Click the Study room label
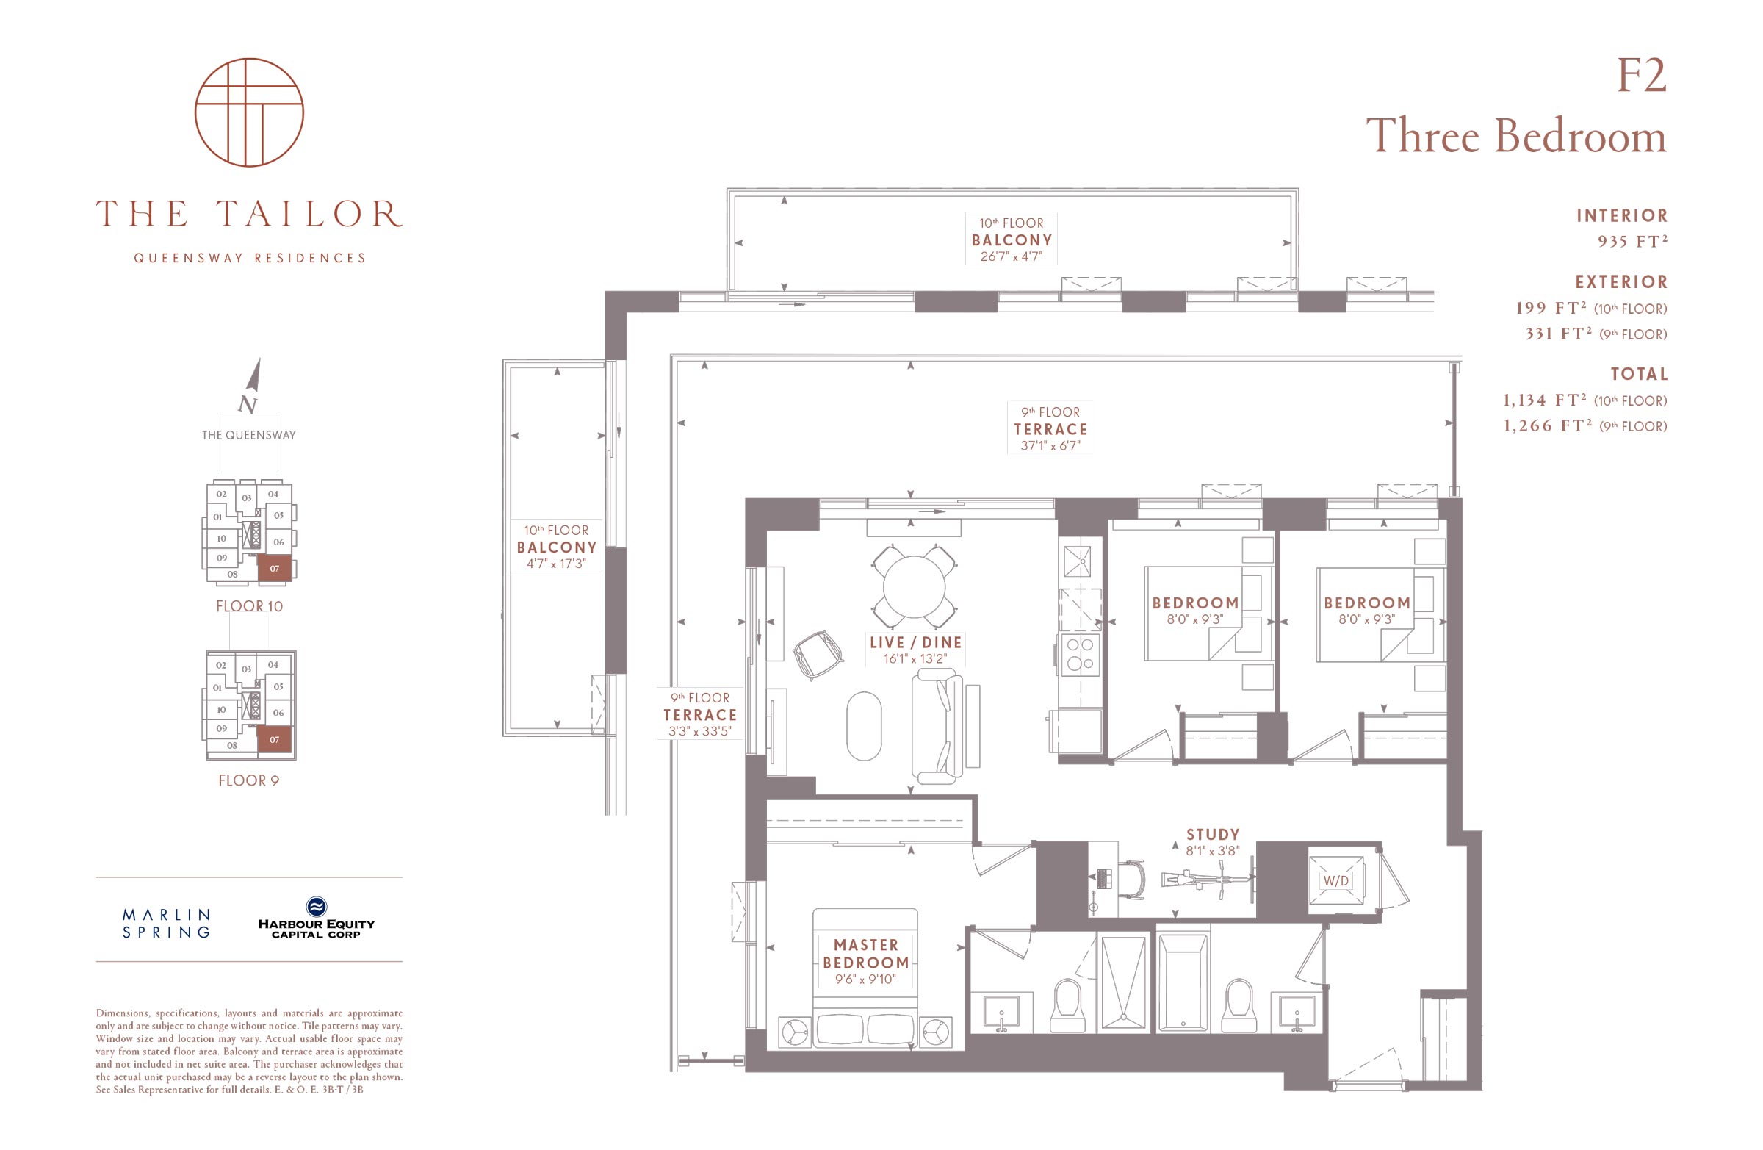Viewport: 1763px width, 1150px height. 1213,834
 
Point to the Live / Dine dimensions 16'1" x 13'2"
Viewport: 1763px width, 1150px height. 915,658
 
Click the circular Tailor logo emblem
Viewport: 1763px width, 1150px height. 249,112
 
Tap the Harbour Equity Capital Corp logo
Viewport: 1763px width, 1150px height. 317,918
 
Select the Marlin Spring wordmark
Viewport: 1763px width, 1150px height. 167,923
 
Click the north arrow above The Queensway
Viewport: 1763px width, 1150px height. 253,375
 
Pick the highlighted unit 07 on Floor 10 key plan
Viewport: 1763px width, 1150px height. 274,568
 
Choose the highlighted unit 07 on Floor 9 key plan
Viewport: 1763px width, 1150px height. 274,739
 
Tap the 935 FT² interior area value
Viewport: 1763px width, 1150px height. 1633,242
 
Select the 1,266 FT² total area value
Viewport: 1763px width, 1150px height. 1548,426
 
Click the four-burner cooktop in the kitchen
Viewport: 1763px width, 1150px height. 1080,654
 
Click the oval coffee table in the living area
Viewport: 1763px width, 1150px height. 864,726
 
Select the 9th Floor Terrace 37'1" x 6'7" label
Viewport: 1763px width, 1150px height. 1050,428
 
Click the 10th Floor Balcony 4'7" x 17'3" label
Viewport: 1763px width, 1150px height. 556,547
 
